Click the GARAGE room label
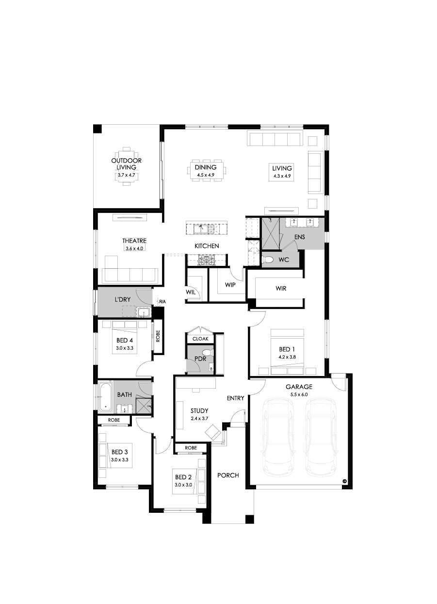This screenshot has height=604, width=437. [299, 387]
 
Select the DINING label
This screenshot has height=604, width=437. [206, 167]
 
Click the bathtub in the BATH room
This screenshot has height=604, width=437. [106, 395]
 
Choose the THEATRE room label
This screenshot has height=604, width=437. [134, 241]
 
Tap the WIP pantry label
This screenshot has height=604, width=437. [230, 285]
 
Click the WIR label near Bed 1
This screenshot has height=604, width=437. [280, 288]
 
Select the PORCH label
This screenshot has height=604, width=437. [228, 475]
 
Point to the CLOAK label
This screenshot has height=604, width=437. [200, 339]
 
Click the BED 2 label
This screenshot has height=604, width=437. [183, 477]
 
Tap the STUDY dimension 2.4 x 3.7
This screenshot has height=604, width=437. [199, 418]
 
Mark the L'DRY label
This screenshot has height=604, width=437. [122, 300]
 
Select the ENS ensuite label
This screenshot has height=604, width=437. [300, 237]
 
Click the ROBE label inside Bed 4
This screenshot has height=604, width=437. [158, 337]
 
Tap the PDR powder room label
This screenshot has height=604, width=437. [200, 359]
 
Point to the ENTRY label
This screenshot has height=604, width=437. [235, 398]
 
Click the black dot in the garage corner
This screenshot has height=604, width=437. [344, 481]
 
